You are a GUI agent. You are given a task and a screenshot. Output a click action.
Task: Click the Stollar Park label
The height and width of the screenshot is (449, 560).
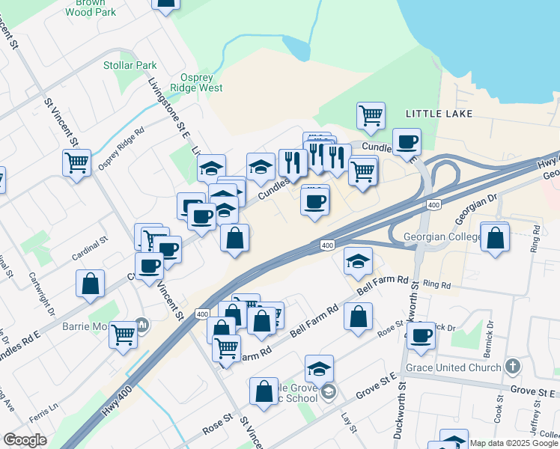coord(130,65)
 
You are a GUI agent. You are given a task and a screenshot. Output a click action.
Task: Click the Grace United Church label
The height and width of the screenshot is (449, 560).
coord(454,367)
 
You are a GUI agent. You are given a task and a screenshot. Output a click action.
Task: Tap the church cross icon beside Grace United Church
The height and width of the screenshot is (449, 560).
coord(512,367)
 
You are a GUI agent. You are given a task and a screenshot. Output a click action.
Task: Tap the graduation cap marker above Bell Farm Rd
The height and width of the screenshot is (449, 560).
coord(359,261)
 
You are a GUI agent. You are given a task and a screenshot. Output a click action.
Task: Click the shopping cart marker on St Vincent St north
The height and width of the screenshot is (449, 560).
coord(77,162)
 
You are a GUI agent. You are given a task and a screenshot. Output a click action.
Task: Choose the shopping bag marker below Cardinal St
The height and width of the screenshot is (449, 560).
coord(91,284)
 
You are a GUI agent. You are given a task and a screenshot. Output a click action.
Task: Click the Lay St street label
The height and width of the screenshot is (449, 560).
coord(346,423)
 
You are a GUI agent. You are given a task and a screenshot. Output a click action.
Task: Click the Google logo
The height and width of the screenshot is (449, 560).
coord(25,440)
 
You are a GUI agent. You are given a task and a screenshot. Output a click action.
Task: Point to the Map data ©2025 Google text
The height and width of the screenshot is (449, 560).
coord(514,443)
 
